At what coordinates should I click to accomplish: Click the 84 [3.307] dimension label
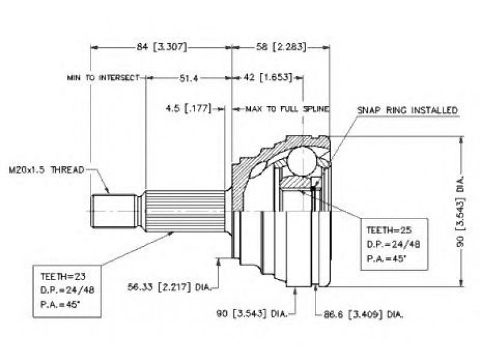tap(161, 47)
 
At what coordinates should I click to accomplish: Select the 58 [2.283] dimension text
tap(281, 47)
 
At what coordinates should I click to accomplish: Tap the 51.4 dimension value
tap(188, 79)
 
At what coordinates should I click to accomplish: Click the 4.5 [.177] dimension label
tap(188, 109)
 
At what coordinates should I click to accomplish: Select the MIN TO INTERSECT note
tap(103, 78)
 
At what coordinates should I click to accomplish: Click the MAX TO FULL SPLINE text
tap(287, 109)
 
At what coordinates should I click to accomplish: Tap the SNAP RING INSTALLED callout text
tap(407, 110)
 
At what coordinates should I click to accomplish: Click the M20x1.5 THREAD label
tap(46, 170)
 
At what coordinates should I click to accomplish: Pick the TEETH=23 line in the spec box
tap(63, 277)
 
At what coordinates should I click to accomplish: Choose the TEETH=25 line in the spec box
tap(389, 230)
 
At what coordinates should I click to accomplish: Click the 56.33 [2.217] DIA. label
tap(169, 287)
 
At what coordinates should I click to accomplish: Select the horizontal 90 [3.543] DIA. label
tap(251, 314)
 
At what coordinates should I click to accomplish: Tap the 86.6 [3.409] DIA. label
tap(364, 314)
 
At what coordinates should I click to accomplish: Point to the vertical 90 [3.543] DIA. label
tap(460, 212)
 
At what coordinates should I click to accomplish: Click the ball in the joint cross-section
tap(302, 161)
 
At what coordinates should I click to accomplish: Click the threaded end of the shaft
tap(114, 211)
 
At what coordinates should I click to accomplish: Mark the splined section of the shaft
tap(185, 211)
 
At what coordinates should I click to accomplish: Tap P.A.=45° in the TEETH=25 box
tap(386, 259)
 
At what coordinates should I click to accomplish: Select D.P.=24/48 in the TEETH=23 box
tap(67, 290)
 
